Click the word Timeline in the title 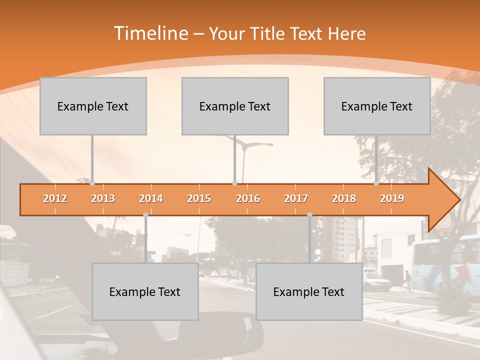pyautogui.click(x=150, y=33)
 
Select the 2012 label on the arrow pyautogui.click(x=55, y=198)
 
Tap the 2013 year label pyautogui.click(x=103, y=198)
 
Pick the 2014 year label pyautogui.click(x=151, y=198)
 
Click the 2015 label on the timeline pyautogui.click(x=199, y=198)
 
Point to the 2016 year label pyautogui.click(x=248, y=198)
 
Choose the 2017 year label pyautogui.click(x=296, y=198)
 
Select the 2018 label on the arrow pyautogui.click(x=344, y=198)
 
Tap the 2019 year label pyautogui.click(x=392, y=198)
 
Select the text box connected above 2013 pyautogui.click(x=93, y=106)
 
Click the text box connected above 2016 pyautogui.click(x=235, y=106)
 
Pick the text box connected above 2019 pyautogui.click(x=377, y=106)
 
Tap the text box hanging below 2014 pyautogui.click(x=145, y=291)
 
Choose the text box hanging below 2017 pyautogui.click(x=309, y=291)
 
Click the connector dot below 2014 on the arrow pyautogui.click(x=145, y=215)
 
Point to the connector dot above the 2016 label pyautogui.click(x=234, y=183)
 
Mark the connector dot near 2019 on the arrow pyautogui.click(x=376, y=183)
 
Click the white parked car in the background pyautogui.click(x=376, y=280)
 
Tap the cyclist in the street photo pyautogui.click(x=407, y=281)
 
